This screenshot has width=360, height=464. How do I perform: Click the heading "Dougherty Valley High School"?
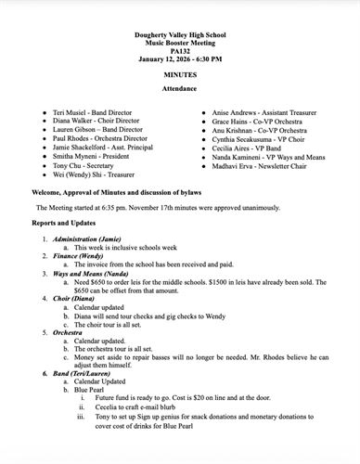point(180,33)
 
